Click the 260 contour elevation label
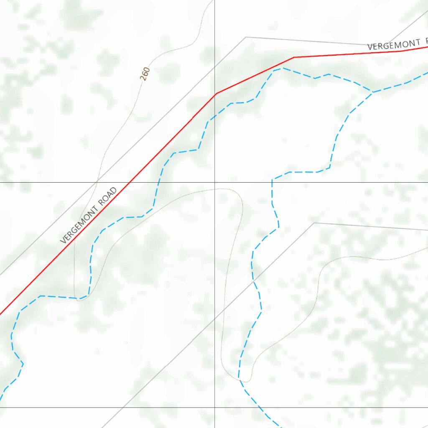[x=145, y=74]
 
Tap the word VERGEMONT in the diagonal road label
[x=80, y=224]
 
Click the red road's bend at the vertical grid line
[x=215, y=94]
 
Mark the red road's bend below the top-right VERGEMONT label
[x=294, y=57]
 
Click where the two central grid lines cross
[x=215, y=182]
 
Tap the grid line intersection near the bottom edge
[x=215, y=407]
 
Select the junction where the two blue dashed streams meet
[x=372, y=92]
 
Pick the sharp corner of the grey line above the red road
[x=246, y=37]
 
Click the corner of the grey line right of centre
[x=314, y=223]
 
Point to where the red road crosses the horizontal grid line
[x=130, y=182]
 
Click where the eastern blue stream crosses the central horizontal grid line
[x=272, y=182]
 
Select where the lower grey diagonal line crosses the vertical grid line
[x=215, y=319]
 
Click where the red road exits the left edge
[x=1, y=314]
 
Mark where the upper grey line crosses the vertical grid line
[x=215, y=66]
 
